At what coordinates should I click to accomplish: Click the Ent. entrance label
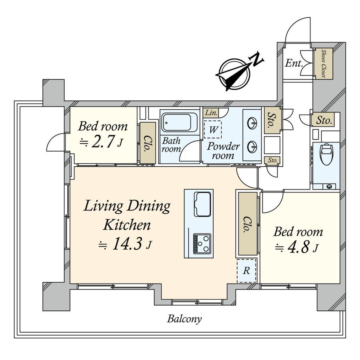coord(293,63)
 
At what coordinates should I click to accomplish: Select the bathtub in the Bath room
coord(180,122)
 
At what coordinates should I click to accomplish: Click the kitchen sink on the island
coord(202,203)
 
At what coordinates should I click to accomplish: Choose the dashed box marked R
coord(247,271)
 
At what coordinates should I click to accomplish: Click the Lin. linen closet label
coord(211,113)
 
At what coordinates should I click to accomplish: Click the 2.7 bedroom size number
coord(104,142)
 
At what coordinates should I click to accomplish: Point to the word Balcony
coord(184,319)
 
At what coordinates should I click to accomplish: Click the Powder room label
coord(223,151)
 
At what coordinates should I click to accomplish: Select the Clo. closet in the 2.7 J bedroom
coord(147,143)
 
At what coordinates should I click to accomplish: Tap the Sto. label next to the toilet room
coord(323,120)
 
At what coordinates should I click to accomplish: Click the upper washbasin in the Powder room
coord(253,123)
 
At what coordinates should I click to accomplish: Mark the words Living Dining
coord(127,206)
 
